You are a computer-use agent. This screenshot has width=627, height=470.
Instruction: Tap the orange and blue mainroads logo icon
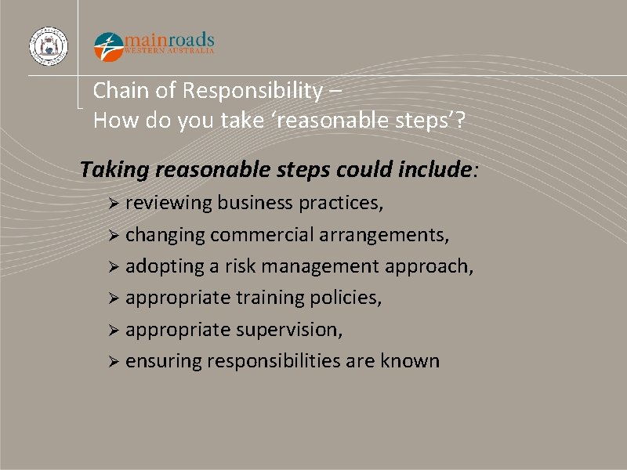[109, 45]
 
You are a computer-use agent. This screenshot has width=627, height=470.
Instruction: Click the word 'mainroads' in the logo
[169, 40]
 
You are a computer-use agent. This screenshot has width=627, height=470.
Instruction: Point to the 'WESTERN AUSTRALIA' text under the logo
[169, 51]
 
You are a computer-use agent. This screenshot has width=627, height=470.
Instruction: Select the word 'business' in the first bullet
[254, 204]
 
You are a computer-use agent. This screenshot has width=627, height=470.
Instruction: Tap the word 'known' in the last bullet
[410, 361]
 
